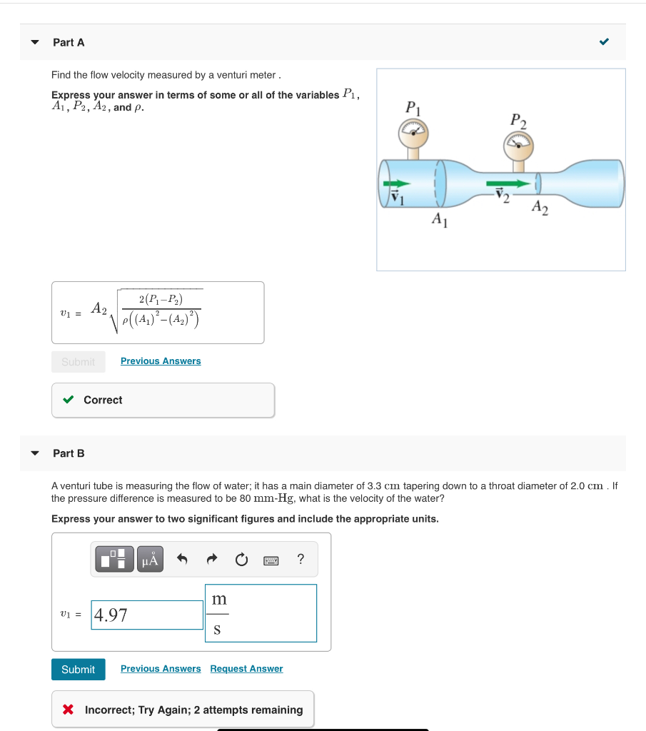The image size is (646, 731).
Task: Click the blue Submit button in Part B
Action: click(78, 669)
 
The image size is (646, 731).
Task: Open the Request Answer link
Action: click(246, 669)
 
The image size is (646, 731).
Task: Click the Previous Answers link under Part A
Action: click(161, 361)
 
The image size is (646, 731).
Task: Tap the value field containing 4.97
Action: click(148, 615)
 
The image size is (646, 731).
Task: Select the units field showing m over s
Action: click(261, 613)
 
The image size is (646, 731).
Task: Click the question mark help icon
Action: click(301, 560)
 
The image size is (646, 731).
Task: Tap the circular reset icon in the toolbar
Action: click(242, 560)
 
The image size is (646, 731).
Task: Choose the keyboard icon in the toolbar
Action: click(271, 560)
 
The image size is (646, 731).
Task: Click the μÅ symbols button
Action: click(149, 560)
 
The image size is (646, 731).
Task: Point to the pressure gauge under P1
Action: click(413, 132)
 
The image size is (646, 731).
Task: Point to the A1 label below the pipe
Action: click(440, 221)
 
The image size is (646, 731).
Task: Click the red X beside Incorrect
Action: click(69, 710)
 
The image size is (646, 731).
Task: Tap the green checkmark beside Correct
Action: click(69, 400)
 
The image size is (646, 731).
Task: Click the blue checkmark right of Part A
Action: click(604, 42)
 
